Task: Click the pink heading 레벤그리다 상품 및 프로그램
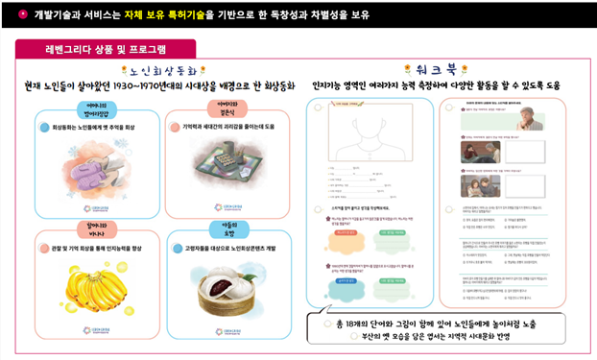[x=105, y=48]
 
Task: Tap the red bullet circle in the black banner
[x=21, y=15]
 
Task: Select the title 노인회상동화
[x=163, y=70]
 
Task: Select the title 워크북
[x=450, y=69]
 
